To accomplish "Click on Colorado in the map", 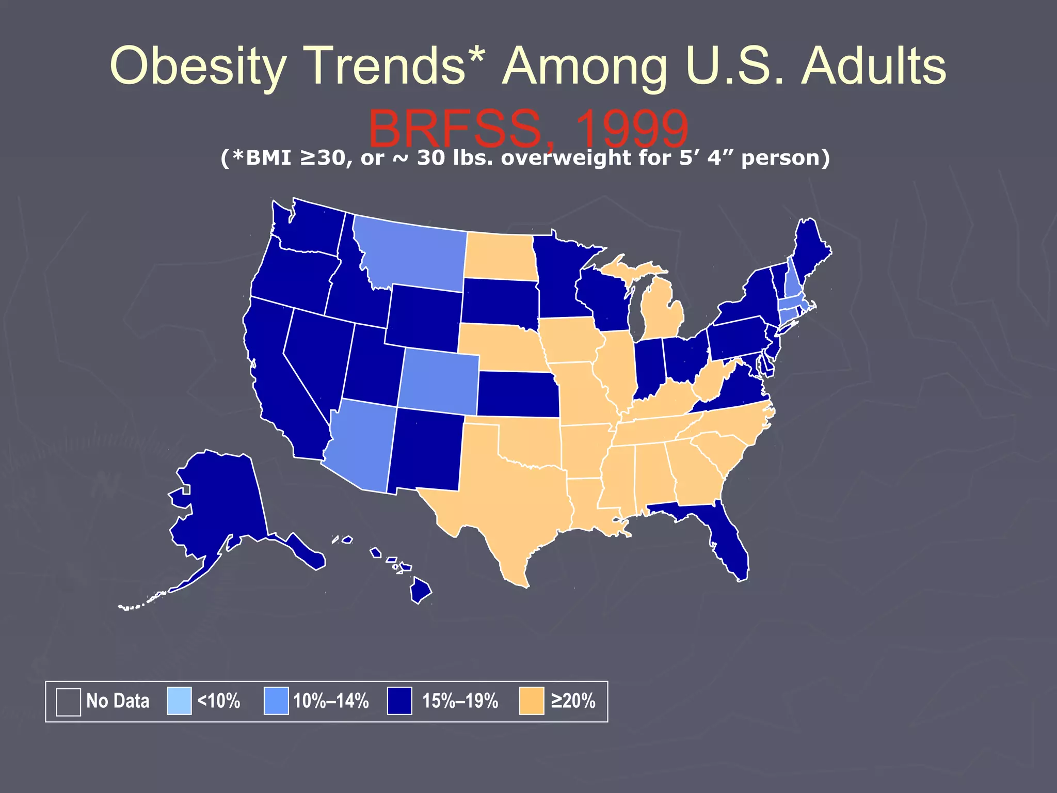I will [x=439, y=382].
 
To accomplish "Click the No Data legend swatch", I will [x=68, y=702].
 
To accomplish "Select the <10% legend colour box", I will [x=179, y=701].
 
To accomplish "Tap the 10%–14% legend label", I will [x=331, y=701].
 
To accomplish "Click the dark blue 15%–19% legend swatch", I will [x=399, y=701].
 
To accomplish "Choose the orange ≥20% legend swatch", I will [x=531, y=701].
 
